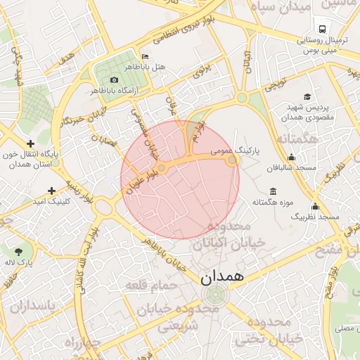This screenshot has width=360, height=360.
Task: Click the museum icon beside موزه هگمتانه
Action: (x=273, y=191)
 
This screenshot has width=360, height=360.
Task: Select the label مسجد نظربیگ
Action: (x=315, y=217)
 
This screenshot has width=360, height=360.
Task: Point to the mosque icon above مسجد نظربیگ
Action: (x=314, y=206)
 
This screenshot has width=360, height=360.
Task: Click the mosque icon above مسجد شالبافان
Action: (x=291, y=157)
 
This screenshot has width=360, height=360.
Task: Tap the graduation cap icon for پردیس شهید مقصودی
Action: (x=307, y=96)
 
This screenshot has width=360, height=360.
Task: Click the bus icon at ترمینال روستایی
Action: (x=321, y=30)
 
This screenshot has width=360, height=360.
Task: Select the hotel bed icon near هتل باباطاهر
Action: (x=145, y=56)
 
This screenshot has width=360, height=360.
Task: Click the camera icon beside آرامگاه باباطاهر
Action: (x=114, y=79)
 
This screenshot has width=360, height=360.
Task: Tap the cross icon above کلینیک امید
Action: (x=51, y=190)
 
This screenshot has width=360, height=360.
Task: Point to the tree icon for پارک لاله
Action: (x=18, y=251)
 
